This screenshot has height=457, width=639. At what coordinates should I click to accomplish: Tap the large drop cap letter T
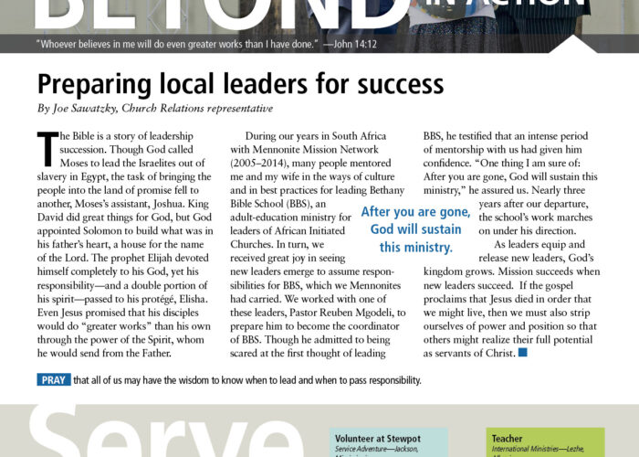point(47,146)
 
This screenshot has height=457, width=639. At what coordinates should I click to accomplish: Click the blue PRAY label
point(53,380)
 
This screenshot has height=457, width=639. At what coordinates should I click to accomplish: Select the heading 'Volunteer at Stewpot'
point(373,439)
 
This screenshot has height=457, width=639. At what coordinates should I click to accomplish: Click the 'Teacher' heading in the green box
point(507,439)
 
